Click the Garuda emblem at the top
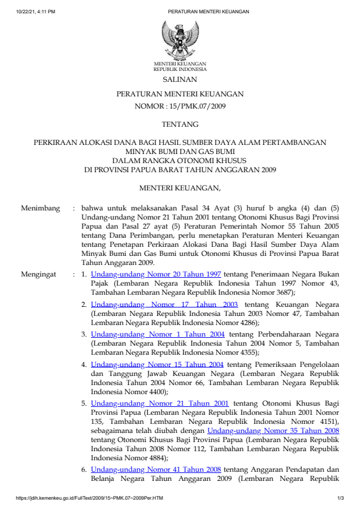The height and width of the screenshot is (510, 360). coord(179,40)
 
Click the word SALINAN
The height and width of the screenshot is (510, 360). coord(179,79)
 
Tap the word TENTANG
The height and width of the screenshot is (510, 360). coord(179,124)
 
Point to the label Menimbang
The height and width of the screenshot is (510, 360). coord(41,209)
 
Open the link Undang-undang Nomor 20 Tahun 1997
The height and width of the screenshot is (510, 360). coord(156,274)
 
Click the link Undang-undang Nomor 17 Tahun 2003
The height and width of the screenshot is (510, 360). coord(164,304)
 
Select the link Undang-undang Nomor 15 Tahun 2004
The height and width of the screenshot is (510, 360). coord(158,364)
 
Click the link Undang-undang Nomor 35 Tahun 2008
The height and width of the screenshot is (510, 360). coord(271,431)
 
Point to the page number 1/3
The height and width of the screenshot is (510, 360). coord(341,498)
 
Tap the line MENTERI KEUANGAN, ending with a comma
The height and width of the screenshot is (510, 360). coord(179,189)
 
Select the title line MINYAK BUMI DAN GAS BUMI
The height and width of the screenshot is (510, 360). coord(179,152)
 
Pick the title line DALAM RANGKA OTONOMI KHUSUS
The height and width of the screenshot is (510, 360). coord(179,161)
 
